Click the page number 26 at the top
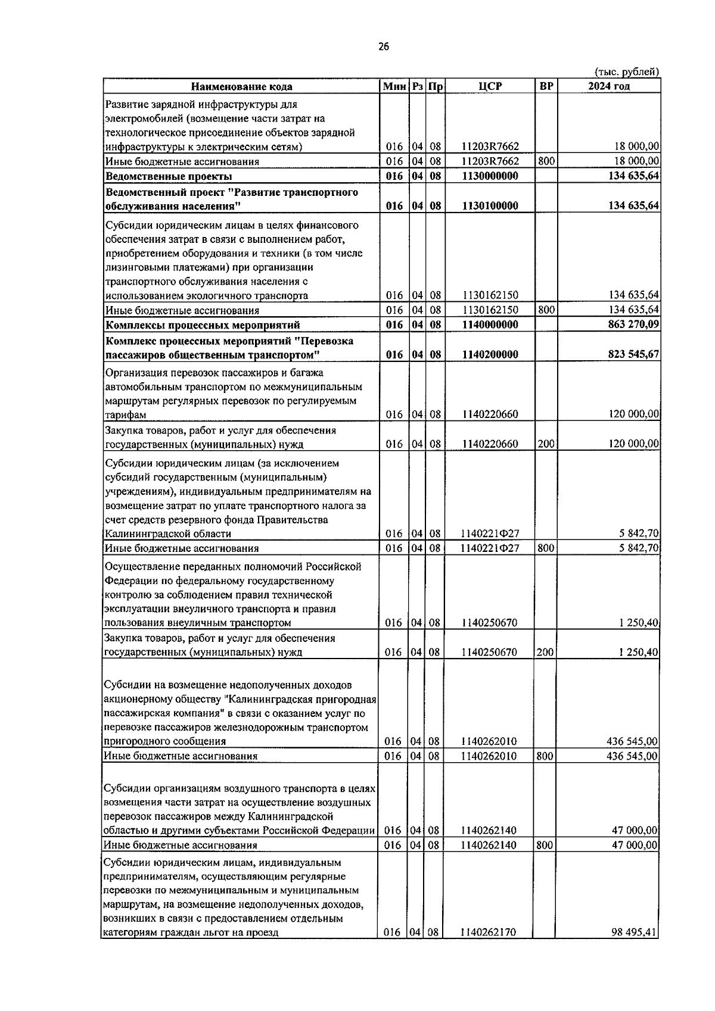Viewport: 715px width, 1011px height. click(383, 48)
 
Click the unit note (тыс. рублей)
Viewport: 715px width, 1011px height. click(627, 72)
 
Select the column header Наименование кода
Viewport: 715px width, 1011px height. click(242, 86)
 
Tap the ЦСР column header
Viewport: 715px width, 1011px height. click(490, 86)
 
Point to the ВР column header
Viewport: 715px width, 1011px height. click(546, 86)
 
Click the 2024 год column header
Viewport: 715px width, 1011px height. click(608, 86)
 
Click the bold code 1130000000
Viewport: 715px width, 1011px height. click(490, 176)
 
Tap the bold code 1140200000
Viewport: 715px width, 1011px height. click(490, 355)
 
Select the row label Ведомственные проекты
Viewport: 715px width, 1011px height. click(169, 176)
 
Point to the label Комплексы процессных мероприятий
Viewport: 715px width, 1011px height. click(203, 325)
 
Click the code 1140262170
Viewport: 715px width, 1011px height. click(489, 949)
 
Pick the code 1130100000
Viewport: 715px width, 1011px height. click(490, 206)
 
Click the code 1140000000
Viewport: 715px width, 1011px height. click(490, 325)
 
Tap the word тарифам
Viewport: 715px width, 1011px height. click(125, 415)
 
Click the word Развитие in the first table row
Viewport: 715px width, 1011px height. click(125, 105)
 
